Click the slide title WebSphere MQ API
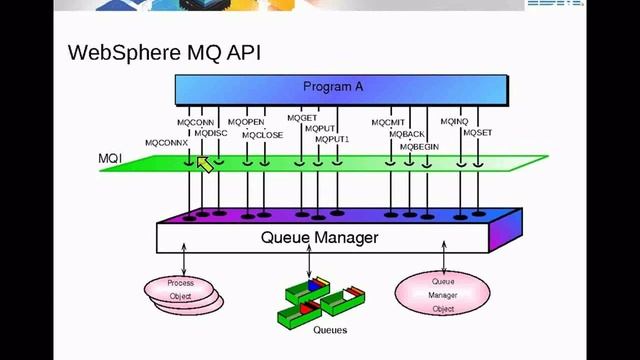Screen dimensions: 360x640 coord(164,52)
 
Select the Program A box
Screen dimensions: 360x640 coord(333,87)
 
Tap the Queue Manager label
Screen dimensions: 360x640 coord(319,238)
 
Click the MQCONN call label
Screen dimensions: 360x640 coord(195,122)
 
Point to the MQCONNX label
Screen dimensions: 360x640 coord(166,143)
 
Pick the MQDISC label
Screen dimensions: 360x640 coord(211,133)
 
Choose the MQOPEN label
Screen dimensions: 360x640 coord(246,122)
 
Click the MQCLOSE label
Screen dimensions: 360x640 coord(263,134)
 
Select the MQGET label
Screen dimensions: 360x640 coord(302,118)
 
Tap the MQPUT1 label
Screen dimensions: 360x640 coord(333,140)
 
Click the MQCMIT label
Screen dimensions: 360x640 coord(388,122)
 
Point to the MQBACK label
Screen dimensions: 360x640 coord(407,134)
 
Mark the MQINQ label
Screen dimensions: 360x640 coord(454,122)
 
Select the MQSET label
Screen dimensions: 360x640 coord(477,133)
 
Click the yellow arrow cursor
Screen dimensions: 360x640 coord(204,164)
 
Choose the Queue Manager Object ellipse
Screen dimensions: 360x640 coord(442,294)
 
